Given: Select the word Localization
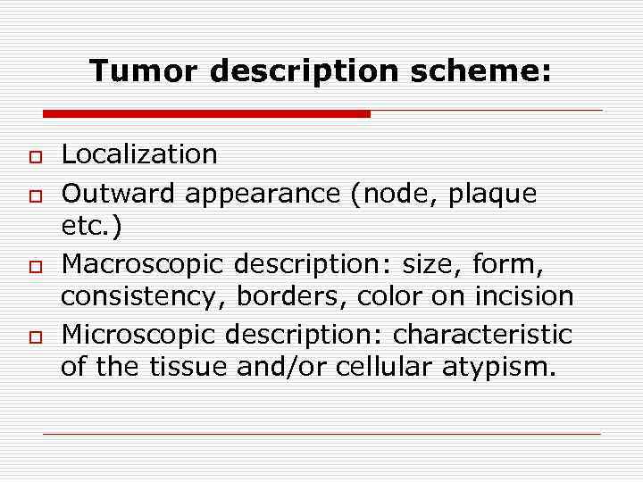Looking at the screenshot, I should [138, 154].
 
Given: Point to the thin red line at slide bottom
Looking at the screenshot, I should [321, 434].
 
